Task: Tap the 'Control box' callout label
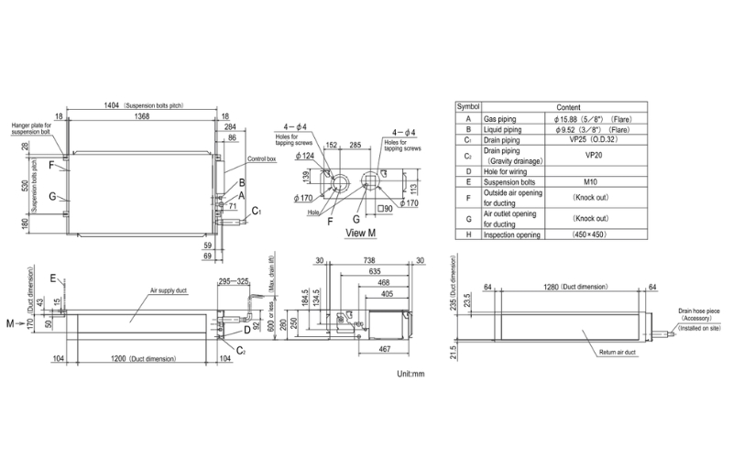(x=263, y=159)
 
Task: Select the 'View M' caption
(x=362, y=233)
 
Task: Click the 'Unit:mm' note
(x=410, y=374)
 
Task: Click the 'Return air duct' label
(x=595, y=351)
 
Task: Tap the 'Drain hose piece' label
(x=693, y=311)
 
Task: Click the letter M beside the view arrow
(x=9, y=322)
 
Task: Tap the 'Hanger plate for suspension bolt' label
(x=34, y=127)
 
